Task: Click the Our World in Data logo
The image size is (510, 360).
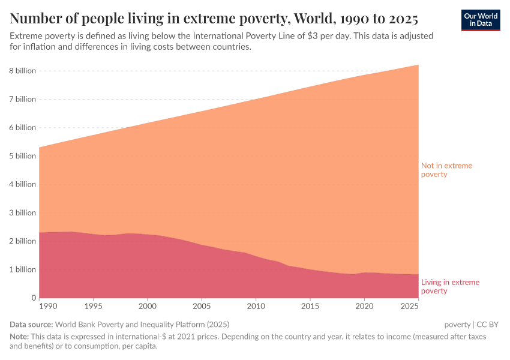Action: point(481,20)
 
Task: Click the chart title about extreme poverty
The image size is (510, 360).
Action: point(214,16)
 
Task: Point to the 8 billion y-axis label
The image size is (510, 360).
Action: point(22,71)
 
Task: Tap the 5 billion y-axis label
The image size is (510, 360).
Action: point(22,156)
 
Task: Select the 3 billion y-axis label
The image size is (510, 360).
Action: point(22,213)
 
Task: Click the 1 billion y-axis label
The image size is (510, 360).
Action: point(22,269)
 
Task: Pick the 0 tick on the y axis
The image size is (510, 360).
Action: point(34,298)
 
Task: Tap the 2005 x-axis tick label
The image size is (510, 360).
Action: point(202,307)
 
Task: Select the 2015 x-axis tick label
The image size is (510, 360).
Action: point(310,307)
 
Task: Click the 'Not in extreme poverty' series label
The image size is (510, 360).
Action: point(446,170)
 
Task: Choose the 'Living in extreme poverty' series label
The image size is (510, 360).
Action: point(450,286)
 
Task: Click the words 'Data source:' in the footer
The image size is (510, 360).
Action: point(32,325)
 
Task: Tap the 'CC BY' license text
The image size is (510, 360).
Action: point(488,325)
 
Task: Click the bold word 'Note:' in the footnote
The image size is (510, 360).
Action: point(20,337)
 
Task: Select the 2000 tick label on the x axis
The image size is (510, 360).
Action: point(148,307)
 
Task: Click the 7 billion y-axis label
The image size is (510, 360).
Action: point(22,100)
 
